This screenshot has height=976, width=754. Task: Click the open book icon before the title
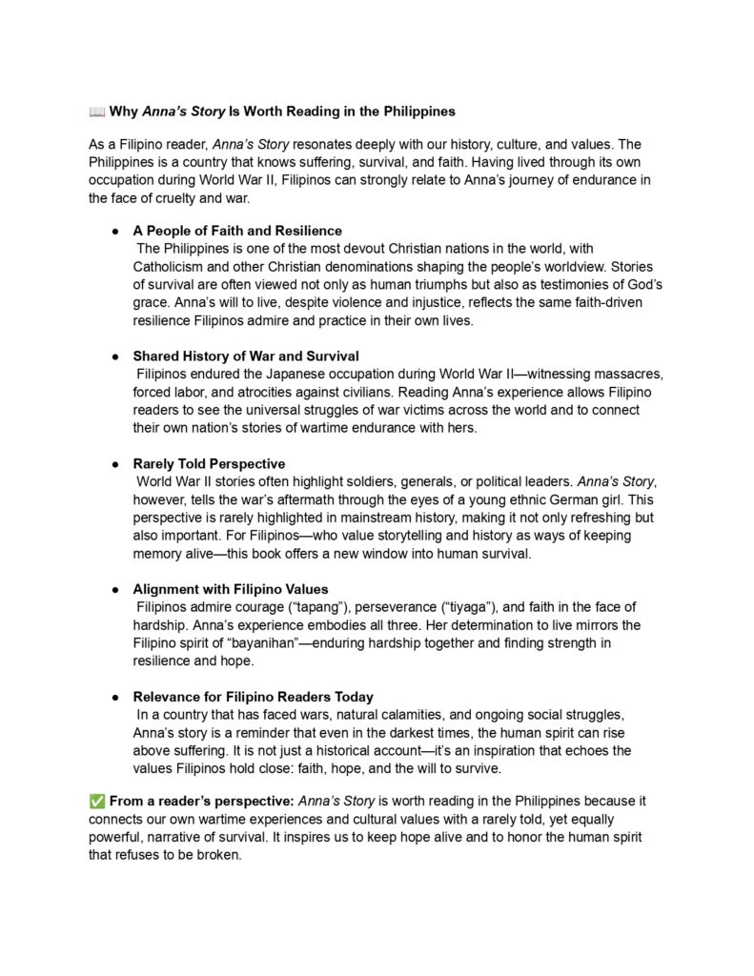[96, 112]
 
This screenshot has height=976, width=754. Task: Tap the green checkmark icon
[96, 802]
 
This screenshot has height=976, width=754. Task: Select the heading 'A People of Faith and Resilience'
[236, 231]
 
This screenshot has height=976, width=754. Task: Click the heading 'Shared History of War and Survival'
[245, 356]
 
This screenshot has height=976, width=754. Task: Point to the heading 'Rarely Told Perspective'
[208, 464]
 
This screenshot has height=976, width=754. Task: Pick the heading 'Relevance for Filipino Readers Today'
[253, 697]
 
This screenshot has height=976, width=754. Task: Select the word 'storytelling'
[355, 536]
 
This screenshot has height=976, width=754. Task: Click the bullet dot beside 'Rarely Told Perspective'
[115, 464]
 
